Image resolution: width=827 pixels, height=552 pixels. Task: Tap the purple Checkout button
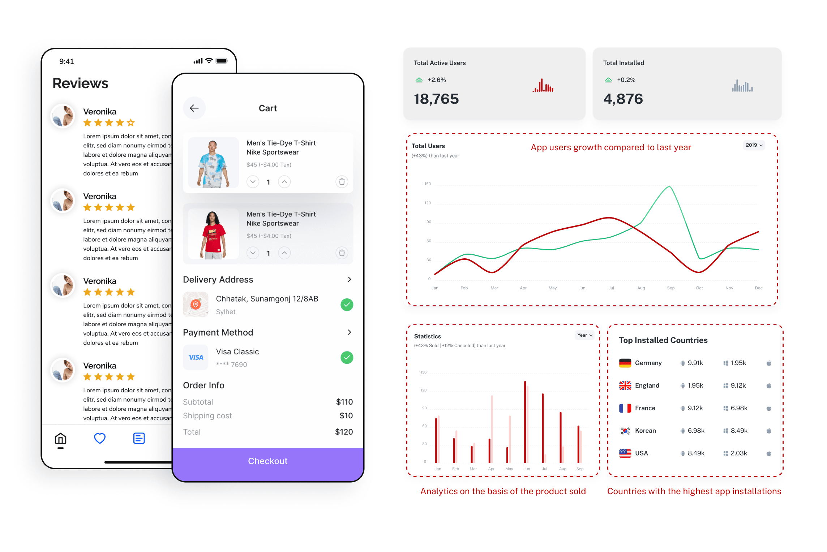pos(268,461)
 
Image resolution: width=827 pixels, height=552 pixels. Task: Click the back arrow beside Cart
pos(194,108)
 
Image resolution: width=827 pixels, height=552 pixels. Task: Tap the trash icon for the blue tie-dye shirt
pos(342,182)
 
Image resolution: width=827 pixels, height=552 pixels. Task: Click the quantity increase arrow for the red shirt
pos(284,253)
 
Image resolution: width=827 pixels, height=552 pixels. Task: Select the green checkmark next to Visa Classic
pos(347,358)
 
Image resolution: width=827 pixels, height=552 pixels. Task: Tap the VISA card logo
pos(196,358)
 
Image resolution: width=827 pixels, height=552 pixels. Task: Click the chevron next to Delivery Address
pos(349,279)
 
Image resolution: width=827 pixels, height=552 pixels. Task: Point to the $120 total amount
pos(344,432)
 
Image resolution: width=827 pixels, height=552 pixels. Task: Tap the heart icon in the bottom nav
pos(100,439)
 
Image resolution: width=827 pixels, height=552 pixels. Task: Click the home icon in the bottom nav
pos(60,439)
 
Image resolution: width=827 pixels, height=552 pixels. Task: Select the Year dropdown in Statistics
pos(584,335)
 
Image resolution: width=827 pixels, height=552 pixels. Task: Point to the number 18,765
pos(436,99)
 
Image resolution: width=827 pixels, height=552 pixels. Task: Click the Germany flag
pos(625,363)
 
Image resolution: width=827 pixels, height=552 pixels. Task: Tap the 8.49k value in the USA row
pos(696,453)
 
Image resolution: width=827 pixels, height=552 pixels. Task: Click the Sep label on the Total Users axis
pos(670,288)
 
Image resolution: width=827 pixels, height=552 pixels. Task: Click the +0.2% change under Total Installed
pos(626,80)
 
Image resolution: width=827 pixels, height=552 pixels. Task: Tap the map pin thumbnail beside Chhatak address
pos(196,305)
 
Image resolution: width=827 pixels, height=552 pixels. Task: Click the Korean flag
pos(625,431)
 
